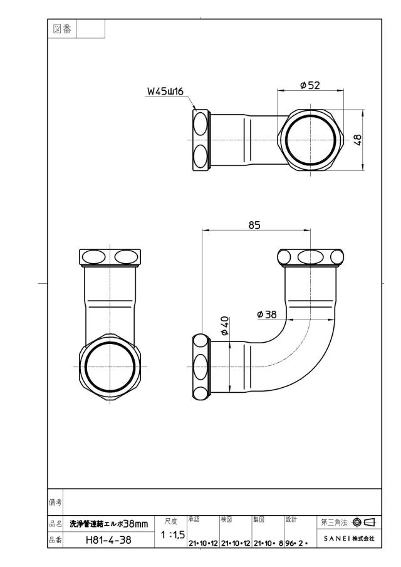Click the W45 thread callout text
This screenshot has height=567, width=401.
(x=165, y=91)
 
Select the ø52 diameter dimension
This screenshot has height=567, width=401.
(x=310, y=85)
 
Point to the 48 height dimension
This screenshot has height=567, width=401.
(x=357, y=140)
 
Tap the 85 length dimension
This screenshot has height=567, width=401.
(x=254, y=225)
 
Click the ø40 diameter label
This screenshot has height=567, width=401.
(x=224, y=326)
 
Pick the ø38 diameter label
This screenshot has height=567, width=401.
(x=267, y=315)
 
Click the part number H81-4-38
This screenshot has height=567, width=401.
(x=108, y=540)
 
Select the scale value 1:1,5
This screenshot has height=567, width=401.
(x=173, y=534)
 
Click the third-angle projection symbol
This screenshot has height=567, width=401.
(x=363, y=522)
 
